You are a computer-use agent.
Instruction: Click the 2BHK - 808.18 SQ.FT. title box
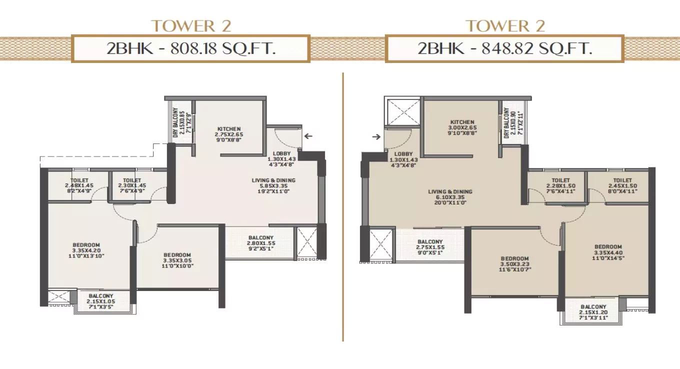tap(191, 48)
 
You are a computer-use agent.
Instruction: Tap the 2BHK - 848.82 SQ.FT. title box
tap(504, 48)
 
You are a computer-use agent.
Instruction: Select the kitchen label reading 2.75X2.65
tap(229, 135)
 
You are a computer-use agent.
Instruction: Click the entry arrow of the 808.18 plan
tap(308, 135)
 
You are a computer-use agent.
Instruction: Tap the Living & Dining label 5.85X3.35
tap(273, 185)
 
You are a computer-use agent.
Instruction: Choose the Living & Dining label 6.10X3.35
tap(450, 197)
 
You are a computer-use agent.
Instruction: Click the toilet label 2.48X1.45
tap(79, 185)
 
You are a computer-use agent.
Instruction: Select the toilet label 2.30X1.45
tap(132, 185)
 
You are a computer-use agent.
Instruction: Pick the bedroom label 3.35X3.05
tap(177, 260)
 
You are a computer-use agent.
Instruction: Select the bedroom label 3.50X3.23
tap(514, 264)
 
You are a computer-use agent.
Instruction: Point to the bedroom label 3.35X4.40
tap(608, 252)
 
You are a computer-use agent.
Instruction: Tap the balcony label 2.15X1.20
tap(593, 312)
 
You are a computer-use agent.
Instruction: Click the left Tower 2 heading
tap(191, 26)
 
